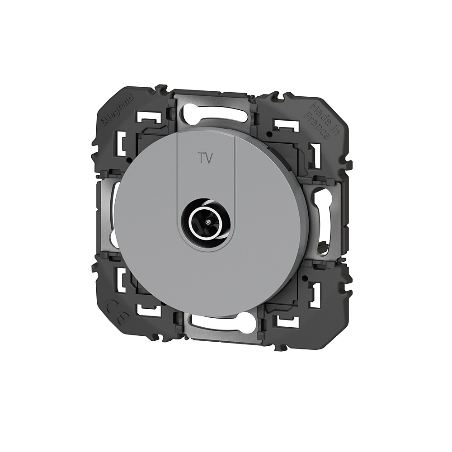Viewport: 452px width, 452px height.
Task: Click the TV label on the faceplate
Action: coord(205,158)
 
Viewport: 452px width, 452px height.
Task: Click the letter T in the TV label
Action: coord(201,158)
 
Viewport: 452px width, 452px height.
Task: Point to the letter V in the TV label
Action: coord(209,158)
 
